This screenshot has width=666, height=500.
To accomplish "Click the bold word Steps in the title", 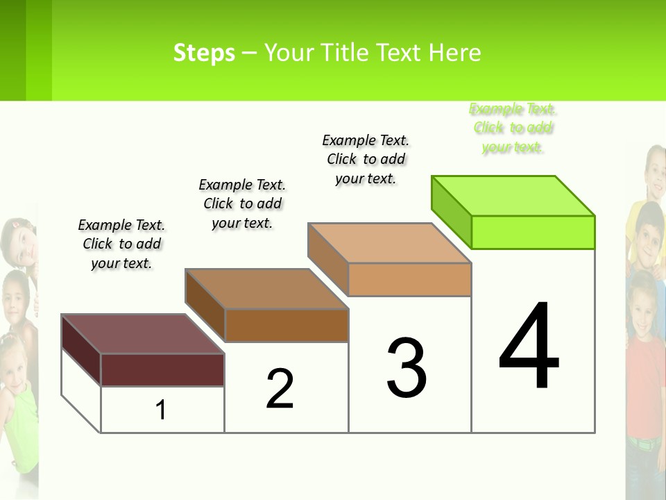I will [204, 53].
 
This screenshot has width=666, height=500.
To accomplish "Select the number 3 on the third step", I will [407, 368].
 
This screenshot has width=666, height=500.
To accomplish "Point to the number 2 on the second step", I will [280, 389].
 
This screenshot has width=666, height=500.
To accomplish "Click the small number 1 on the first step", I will [161, 410].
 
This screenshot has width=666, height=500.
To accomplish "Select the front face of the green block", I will [533, 232].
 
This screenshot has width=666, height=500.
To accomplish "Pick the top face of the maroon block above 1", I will [143, 334].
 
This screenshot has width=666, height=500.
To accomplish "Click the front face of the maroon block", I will [162, 369].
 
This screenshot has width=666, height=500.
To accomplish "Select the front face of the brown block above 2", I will [286, 325].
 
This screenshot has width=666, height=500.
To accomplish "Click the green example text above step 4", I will [513, 128].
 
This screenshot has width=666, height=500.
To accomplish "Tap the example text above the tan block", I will [366, 159].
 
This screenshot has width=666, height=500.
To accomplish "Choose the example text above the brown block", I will [242, 203].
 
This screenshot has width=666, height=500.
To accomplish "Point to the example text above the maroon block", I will [121, 244].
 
